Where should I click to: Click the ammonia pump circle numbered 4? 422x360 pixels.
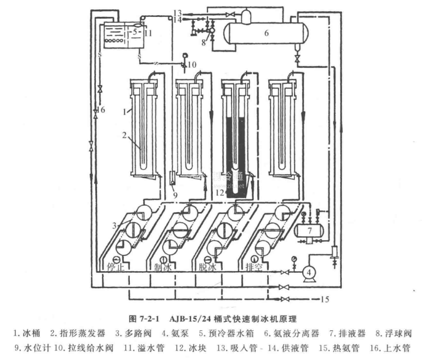[307, 272]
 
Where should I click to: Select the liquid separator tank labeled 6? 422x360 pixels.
[266, 33]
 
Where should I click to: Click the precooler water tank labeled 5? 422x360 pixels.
[120, 35]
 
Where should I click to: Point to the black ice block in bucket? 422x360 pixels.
[236, 152]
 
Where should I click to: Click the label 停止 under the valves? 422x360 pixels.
[117, 267]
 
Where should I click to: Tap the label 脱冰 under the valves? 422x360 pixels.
[212, 267]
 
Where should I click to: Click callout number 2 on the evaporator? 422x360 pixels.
[124, 135]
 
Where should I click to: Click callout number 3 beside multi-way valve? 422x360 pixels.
[116, 226]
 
